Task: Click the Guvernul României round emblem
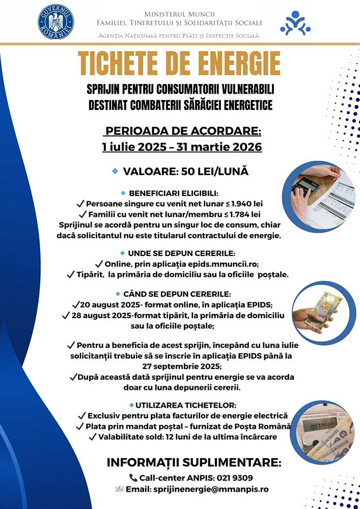56,22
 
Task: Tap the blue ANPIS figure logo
295,23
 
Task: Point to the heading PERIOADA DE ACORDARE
182,132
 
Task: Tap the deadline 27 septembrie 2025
181,366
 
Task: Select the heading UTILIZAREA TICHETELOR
185,405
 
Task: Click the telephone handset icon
133,478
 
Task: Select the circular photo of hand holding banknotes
320,313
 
